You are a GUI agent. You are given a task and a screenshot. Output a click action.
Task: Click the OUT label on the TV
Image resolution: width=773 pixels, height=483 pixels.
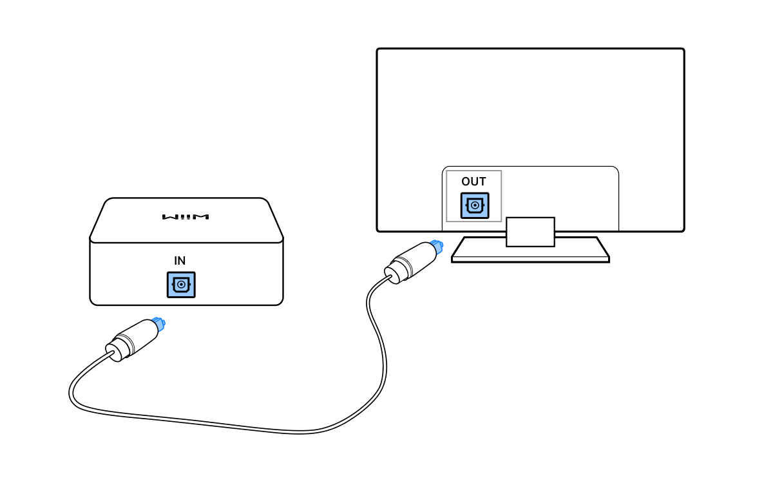click(473, 182)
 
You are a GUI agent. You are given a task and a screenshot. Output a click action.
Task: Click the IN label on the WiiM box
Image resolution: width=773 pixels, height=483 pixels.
click(180, 261)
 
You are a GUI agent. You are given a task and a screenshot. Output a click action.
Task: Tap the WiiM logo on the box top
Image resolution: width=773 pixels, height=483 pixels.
click(186, 217)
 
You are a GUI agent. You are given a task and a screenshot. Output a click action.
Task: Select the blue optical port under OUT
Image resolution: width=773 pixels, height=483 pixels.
click(475, 206)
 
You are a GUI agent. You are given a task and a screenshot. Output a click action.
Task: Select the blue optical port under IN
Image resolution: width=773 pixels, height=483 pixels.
click(181, 285)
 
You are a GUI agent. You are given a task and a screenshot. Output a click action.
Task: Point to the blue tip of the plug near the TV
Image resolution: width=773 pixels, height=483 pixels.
click(437, 246)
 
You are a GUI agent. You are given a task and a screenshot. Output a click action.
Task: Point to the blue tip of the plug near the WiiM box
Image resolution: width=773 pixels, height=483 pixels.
click(158, 323)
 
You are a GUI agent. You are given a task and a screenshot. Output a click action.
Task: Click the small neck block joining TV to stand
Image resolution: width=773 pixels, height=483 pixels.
click(530, 232)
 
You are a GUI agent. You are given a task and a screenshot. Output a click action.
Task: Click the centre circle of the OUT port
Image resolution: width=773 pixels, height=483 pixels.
click(475, 206)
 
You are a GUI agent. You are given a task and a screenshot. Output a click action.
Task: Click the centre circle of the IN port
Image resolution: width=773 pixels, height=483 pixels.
click(181, 285)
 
